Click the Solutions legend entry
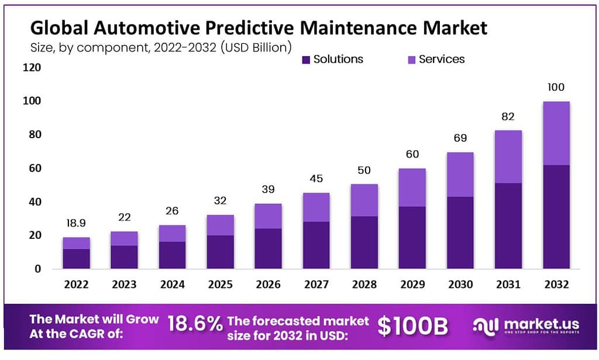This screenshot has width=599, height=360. pyautogui.click(x=332, y=59)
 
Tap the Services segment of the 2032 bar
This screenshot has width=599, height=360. pyautogui.click(x=556, y=133)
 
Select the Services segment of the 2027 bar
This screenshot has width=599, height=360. pyautogui.click(x=316, y=207)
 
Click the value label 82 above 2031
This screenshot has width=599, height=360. pyautogui.click(x=508, y=117)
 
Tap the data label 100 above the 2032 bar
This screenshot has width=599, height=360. pyautogui.click(x=556, y=88)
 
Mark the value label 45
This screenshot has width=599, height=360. pyautogui.click(x=316, y=179)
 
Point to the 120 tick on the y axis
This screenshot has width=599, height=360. pyautogui.click(x=33, y=68)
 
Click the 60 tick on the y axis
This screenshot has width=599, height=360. pyautogui.click(x=36, y=169)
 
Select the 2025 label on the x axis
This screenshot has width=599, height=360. pyautogui.click(x=221, y=284)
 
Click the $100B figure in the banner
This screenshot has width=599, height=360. pyautogui.click(x=412, y=327)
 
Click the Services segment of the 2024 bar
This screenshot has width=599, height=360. pyautogui.click(x=173, y=234)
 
